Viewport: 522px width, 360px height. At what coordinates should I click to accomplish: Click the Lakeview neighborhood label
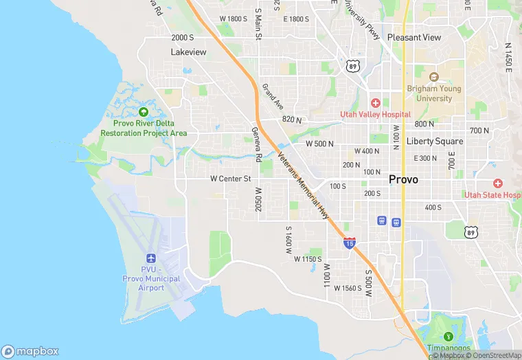tap(188, 52)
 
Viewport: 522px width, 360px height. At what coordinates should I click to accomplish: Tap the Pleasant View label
tap(414, 37)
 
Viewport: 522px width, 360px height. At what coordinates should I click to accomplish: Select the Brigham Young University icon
tap(434, 76)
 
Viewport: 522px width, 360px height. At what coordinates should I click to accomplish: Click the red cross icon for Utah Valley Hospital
tap(376, 102)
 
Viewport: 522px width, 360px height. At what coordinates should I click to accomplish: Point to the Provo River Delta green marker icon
tap(144, 112)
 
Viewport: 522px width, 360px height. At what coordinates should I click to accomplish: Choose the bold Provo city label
tap(403, 179)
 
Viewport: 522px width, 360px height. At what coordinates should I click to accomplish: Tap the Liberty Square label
tap(435, 141)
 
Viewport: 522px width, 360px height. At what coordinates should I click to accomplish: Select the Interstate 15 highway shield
tap(349, 243)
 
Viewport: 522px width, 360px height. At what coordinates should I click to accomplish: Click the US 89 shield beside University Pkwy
tap(352, 66)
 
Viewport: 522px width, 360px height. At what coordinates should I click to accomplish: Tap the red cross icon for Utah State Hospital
tap(498, 183)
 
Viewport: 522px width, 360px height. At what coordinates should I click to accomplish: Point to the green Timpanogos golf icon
tap(449, 337)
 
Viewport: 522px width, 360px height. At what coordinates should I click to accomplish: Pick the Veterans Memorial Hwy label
tap(303, 185)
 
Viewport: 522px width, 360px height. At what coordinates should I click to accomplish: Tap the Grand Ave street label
tap(273, 97)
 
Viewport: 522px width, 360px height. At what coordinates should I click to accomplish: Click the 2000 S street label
tap(183, 37)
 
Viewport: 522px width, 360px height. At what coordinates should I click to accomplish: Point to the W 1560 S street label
tap(348, 288)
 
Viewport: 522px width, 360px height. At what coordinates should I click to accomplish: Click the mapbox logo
tap(30, 351)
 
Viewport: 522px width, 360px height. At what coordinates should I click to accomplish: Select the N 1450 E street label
tap(508, 57)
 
